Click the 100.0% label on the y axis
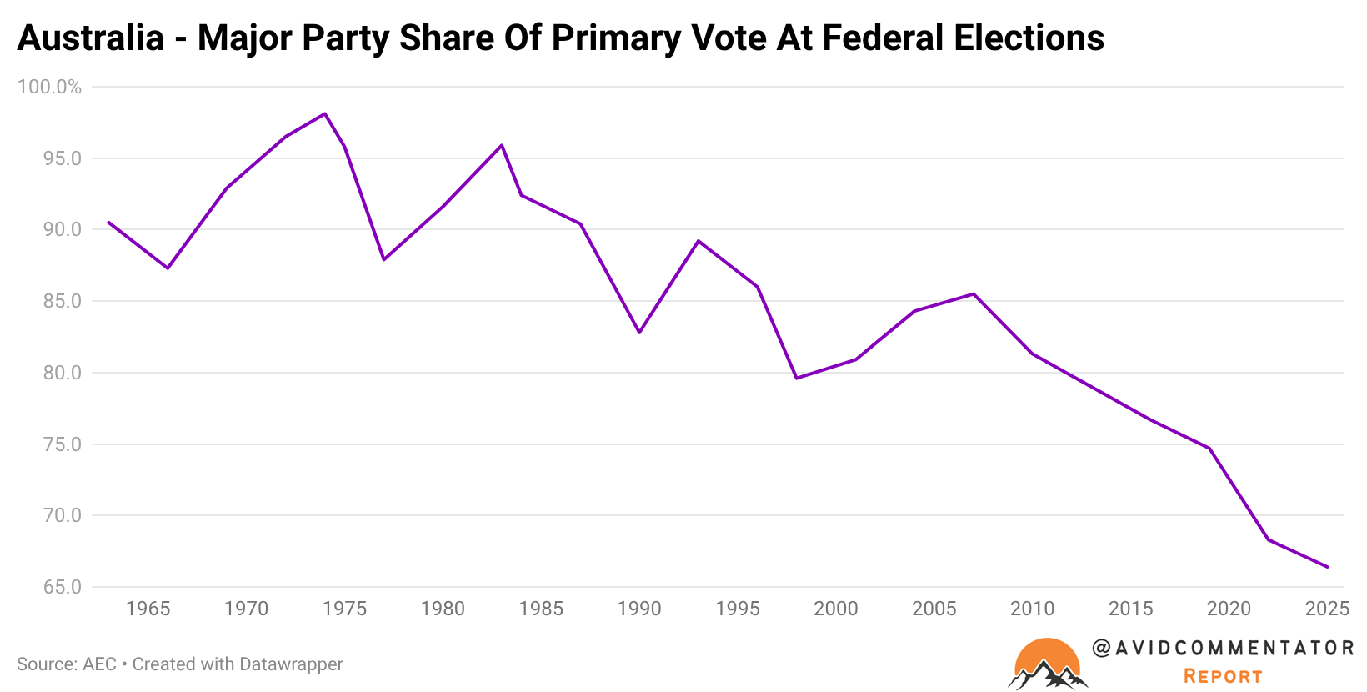click(50, 88)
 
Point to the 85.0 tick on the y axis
click(63, 301)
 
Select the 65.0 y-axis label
click(63, 587)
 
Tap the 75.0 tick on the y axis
click(63, 444)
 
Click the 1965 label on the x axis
click(148, 609)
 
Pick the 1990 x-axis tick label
click(639, 609)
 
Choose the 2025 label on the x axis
click(1327, 609)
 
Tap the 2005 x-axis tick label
click(934, 609)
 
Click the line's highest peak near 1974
click(324, 113)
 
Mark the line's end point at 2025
click(1327, 567)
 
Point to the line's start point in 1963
click(108, 222)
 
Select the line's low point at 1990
click(639, 333)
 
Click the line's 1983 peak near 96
click(502, 145)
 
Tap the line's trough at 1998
click(797, 379)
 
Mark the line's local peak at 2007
click(974, 293)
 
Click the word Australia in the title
click(91, 38)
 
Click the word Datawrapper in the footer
click(291, 664)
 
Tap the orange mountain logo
click(1048, 664)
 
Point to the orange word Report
click(1223, 676)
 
